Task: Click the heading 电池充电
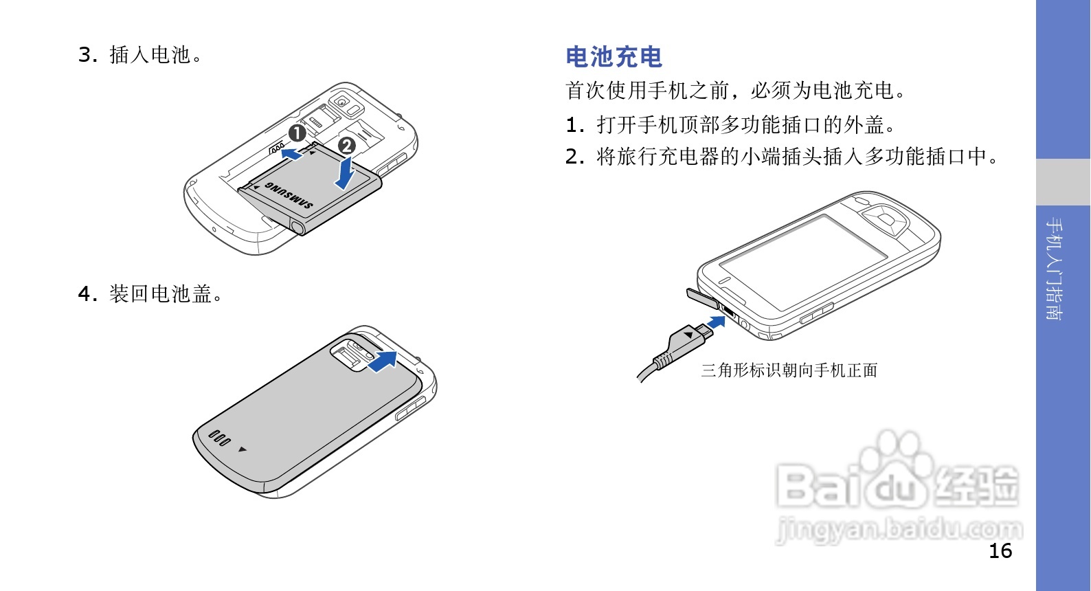pos(614,57)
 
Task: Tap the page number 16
pos(1000,551)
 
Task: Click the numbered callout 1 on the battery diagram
pos(297,133)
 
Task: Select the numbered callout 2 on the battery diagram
pos(347,146)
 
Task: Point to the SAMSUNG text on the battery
pos(289,195)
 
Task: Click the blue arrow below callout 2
pos(345,173)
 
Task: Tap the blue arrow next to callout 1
pos(292,155)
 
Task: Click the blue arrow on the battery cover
pos(383,361)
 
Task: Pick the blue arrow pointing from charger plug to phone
pos(717,322)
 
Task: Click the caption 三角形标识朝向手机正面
pos(789,370)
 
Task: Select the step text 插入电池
pos(155,54)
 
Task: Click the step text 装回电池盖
pos(166,294)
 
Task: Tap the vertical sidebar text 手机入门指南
pos(1054,269)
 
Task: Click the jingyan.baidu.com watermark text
pos(899,530)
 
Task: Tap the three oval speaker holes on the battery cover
pos(219,438)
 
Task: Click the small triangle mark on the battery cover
pos(242,449)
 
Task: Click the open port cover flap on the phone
pos(702,298)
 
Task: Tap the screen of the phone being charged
pos(803,262)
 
